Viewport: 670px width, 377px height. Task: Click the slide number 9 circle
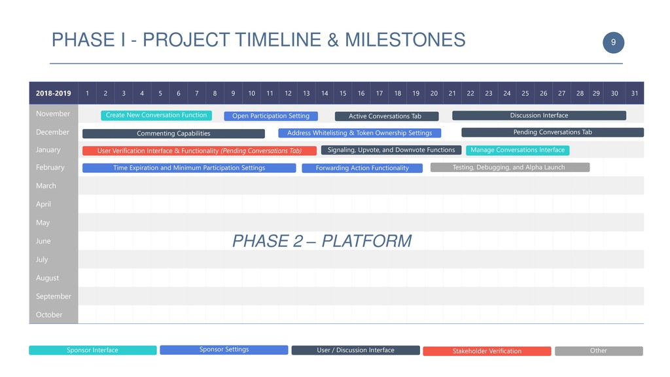tap(613, 43)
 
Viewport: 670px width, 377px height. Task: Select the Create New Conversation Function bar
tap(156, 115)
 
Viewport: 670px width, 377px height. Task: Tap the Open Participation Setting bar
tap(271, 116)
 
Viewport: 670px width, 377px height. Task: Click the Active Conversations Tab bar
tap(387, 117)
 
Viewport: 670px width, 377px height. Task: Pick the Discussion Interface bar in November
tap(539, 115)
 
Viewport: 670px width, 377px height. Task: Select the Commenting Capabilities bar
tap(173, 134)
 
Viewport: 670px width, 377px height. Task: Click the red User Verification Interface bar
tap(200, 151)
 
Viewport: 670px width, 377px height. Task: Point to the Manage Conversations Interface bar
tap(518, 150)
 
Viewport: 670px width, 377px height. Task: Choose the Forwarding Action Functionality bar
tap(362, 168)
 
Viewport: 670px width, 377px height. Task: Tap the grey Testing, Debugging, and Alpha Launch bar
tap(510, 167)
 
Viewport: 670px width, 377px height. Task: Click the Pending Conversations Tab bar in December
tap(552, 132)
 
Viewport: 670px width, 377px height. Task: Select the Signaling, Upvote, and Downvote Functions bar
tap(391, 150)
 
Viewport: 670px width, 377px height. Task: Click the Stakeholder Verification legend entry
tap(487, 351)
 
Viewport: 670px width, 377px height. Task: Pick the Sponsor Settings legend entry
tap(224, 350)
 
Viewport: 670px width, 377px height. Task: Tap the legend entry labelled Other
tap(599, 351)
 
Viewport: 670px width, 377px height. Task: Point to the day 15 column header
tap(343, 93)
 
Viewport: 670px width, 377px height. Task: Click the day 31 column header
tap(635, 93)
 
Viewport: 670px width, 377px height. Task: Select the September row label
tap(54, 296)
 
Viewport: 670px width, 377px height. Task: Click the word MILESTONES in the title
tap(405, 40)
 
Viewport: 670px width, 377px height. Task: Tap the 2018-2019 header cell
tap(54, 93)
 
